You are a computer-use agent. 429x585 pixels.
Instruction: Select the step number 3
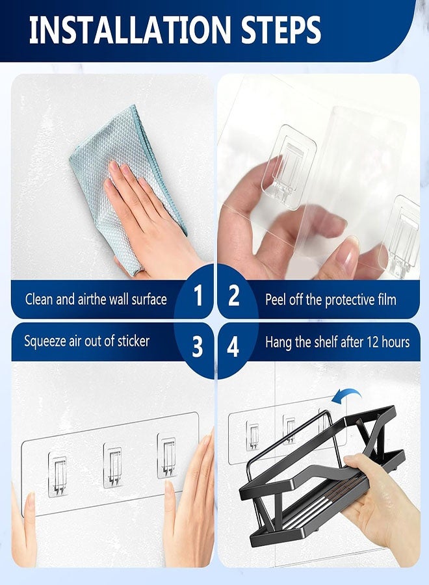click(198, 346)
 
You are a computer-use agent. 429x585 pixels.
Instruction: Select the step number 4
click(233, 346)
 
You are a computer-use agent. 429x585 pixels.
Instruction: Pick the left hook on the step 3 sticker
click(58, 474)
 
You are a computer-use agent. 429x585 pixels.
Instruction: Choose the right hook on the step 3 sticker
click(167, 455)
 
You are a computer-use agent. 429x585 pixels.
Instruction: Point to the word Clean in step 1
click(40, 300)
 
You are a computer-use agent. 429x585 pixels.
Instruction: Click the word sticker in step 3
click(131, 341)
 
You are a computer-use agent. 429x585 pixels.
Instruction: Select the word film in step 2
click(384, 300)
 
